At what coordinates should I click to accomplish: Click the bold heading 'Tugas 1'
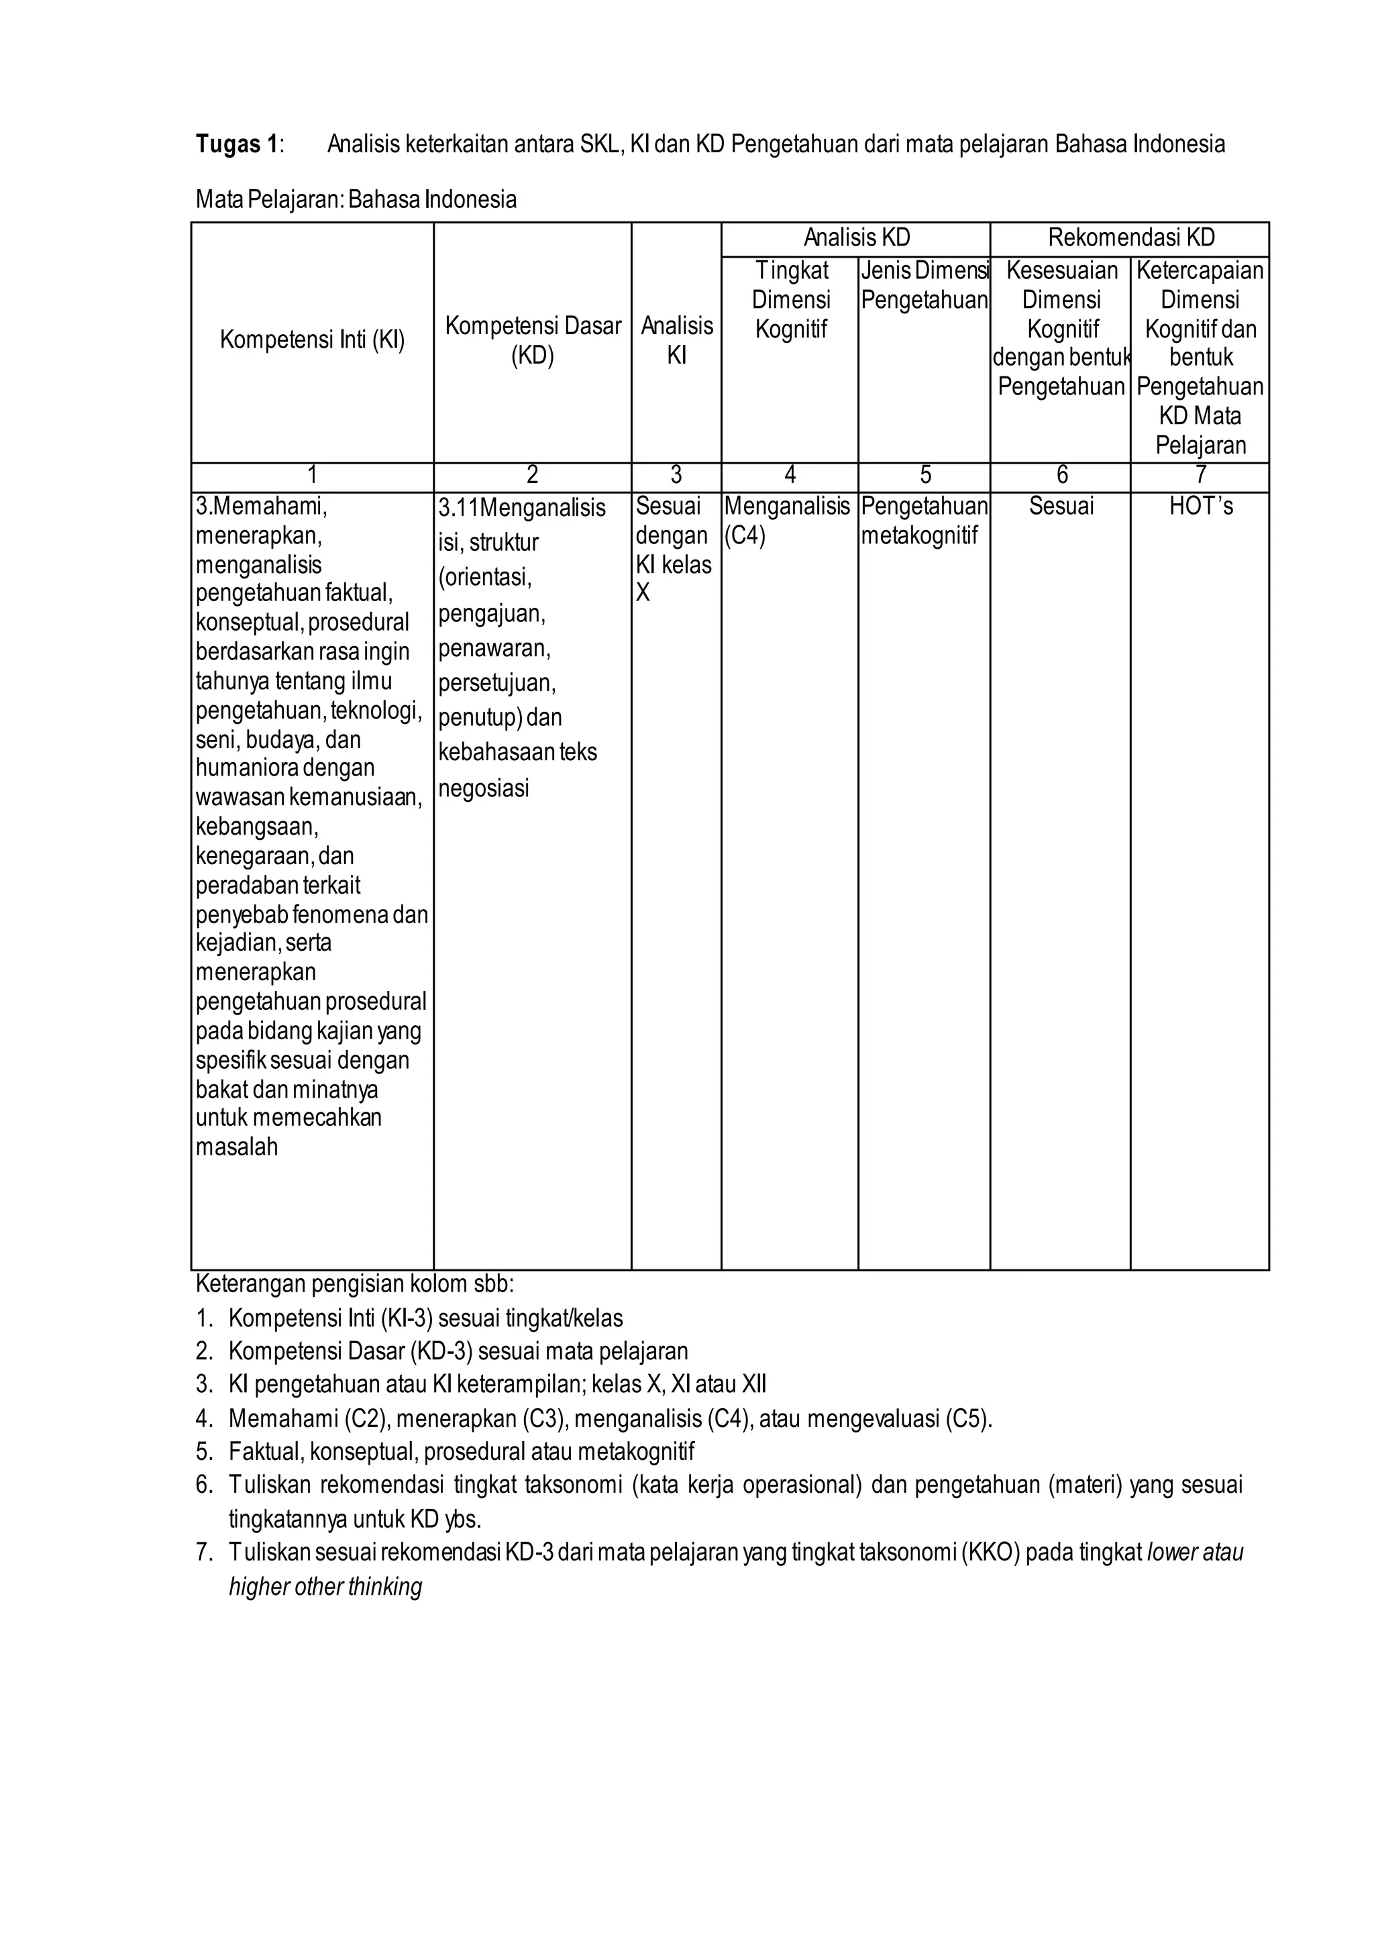click(x=236, y=145)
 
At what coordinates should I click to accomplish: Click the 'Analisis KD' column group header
click(x=856, y=238)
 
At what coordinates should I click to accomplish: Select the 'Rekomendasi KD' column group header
click(x=1130, y=238)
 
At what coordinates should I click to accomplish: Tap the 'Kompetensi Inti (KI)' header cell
click(x=312, y=340)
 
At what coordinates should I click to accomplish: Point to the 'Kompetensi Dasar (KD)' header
click(x=533, y=340)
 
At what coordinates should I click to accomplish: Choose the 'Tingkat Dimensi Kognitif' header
click(x=791, y=300)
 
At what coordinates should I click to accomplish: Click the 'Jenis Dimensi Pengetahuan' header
click(x=924, y=285)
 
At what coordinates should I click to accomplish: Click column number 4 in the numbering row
click(x=790, y=476)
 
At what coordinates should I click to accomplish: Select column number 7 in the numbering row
click(x=1200, y=476)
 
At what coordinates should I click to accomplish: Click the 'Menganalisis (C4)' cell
click(x=787, y=521)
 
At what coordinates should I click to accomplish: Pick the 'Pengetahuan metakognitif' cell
click(x=924, y=521)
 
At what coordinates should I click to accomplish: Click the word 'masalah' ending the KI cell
click(x=237, y=1147)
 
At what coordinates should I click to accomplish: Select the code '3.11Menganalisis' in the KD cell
click(x=522, y=508)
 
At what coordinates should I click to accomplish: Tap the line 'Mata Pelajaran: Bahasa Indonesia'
click(x=356, y=200)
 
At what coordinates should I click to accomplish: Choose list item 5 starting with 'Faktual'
click(x=461, y=1452)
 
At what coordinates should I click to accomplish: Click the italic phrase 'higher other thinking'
click(x=326, y=1587)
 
